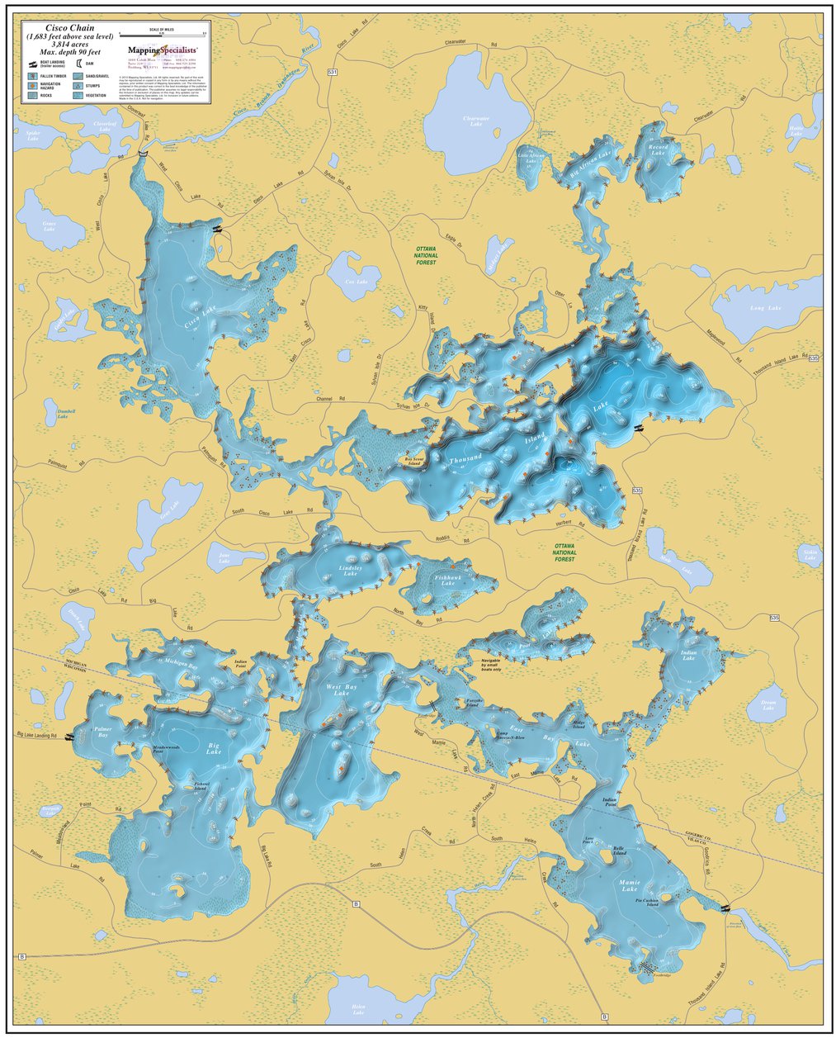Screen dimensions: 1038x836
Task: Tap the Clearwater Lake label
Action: [476, 121]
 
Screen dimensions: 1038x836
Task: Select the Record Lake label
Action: [658, 150]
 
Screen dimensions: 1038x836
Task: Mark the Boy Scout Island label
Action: [412, 462]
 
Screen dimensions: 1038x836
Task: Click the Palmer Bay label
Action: [102, 731]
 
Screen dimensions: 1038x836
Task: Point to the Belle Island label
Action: [617, 850]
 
